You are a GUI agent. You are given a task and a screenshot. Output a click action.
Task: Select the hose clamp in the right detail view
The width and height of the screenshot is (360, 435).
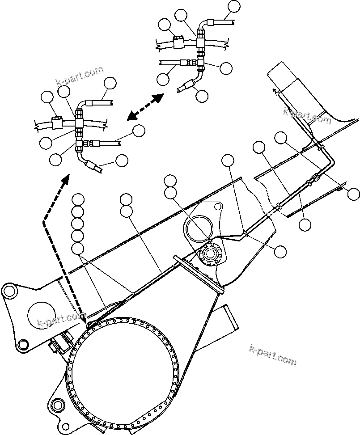click(x=178, y=42)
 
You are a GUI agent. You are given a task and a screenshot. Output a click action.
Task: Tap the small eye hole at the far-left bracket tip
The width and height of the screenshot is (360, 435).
click(x=8, y=291)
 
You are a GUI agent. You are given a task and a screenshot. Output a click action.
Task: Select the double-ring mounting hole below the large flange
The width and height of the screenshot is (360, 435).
click(x=57, y=405)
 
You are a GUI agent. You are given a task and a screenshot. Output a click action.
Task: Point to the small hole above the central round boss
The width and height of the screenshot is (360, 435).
click(x=217, y=207)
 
